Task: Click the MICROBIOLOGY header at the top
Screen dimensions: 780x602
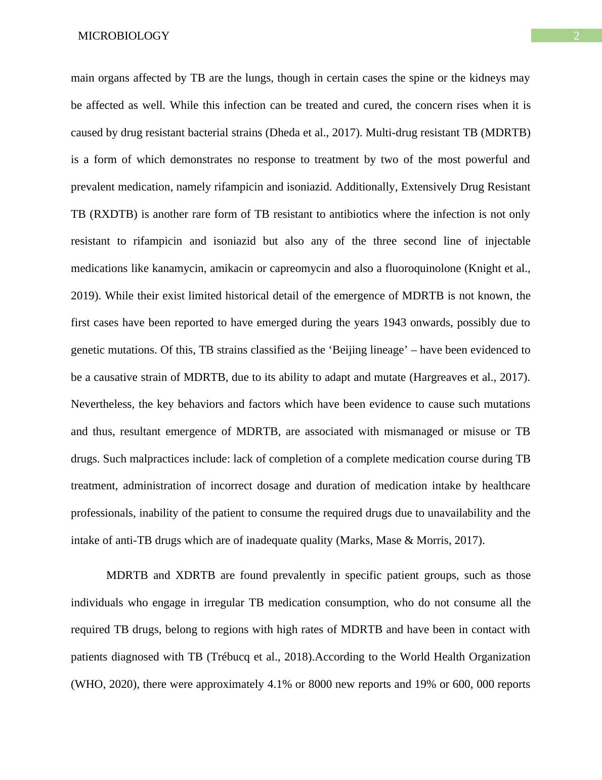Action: pyautogui.click(x=123, y=36)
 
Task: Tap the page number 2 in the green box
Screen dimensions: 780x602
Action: pyautogui.click(x=576, y=36)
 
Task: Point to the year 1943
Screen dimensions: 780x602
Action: pyautogui.click(x=395, y=323)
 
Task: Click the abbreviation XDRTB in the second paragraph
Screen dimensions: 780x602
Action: pyautogui.click(x=195, y=575)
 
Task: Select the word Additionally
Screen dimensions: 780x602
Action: pyautogui.click(x=366, y=187)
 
